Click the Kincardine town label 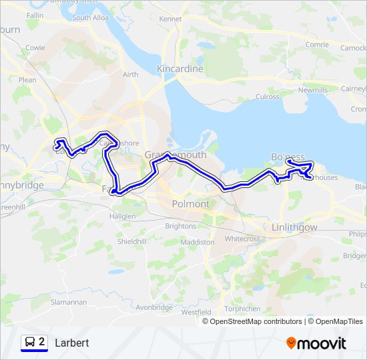click(x=179, y=69)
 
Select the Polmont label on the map click(x=190, y=203)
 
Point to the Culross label click(x=268, y=97)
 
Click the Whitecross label click(x=242, y=239)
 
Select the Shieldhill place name click(x=131, y=241)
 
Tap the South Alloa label click(x=91, y=18)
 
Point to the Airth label click(x=130, y=74)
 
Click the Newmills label click(x=314, y=89)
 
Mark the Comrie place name click(x=317, y=45)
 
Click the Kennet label click(x=171, y=19)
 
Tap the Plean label click(x=28, y=79)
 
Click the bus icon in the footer click(x=30, y=343)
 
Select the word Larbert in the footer click(x=72, y=343)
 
